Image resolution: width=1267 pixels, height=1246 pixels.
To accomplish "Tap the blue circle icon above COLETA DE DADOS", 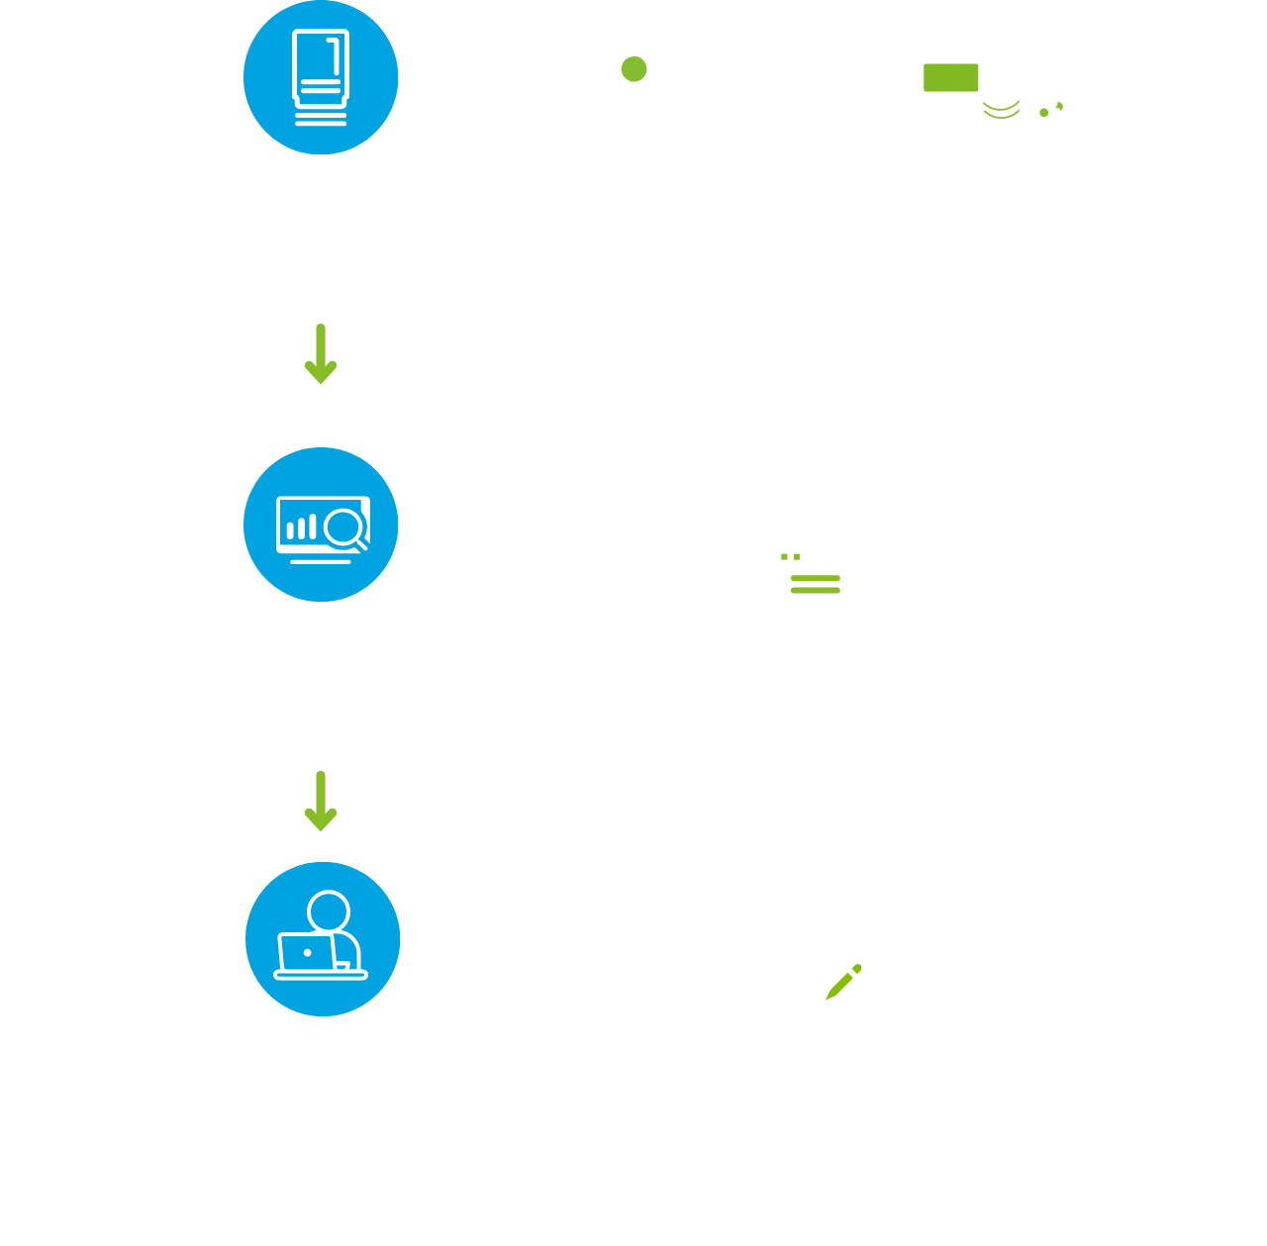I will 321,77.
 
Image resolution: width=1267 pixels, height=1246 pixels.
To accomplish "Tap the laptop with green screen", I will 950,91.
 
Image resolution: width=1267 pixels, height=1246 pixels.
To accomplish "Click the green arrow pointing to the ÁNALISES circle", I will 321,354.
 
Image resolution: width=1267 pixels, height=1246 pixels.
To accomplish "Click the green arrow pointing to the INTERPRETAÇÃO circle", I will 321,802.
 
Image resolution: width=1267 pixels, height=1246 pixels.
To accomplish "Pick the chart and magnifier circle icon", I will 321,525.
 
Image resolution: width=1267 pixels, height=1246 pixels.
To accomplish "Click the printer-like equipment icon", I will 816,557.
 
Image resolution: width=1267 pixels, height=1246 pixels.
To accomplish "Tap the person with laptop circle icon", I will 323,938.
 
